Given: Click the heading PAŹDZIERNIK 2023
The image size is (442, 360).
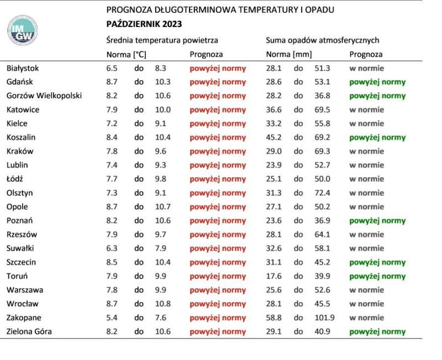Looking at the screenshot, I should pyautogui.click(x=144, y=24).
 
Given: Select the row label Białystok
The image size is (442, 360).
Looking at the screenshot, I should pyautogui.click(x=23, y=68).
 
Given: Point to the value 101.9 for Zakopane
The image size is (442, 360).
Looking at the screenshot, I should pyautogui.click(x=325, y=317).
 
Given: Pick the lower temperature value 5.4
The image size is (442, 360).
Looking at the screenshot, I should pyautogui.click(x=112, y=317).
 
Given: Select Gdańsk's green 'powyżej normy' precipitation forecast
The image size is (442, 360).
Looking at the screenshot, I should pyautogui.click(x=377, y=82).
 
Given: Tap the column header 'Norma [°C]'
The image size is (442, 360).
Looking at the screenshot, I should pyautogui.click(x=126, y=55).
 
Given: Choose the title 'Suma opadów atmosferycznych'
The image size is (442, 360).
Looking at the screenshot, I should pyautogui.click(x=323, y=40).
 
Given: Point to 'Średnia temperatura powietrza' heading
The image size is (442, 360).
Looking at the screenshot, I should pyautogui.click(x=162, y=40).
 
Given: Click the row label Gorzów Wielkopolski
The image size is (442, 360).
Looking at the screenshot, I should pyautogui.click(x=44, y=96).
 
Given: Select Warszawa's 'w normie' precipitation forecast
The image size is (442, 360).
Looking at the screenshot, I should pyautogui.click(x=366, y=290).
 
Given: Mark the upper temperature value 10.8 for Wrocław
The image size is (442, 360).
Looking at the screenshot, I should pyautogui.click(x=162, y=304).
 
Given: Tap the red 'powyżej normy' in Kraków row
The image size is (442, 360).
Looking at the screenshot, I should pyautogui.click(x=218, y=151).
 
